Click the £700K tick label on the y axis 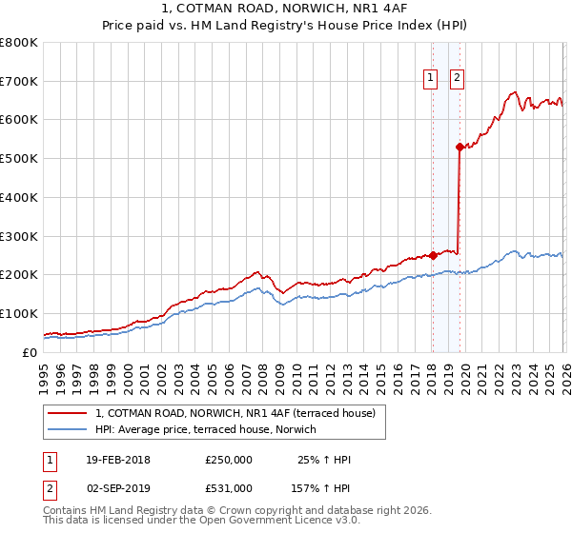click(x=19, y=81)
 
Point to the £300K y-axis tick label click(x=19, y=236)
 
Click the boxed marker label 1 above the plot click(x=431, y=79)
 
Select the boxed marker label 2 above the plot click(x=458, y=79)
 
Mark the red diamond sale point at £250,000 click(x=433, y=255)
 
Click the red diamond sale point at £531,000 click(x=459, y=147)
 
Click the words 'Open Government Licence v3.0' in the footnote click(x=277, y=521)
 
